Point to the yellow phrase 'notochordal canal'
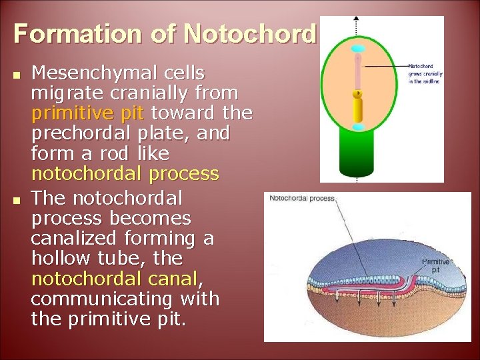click(115, 278)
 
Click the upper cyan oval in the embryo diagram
click(358, 49)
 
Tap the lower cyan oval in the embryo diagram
click(358, 127)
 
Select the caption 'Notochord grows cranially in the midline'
click(425, 74)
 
